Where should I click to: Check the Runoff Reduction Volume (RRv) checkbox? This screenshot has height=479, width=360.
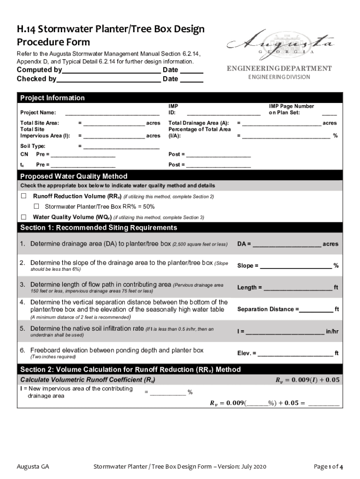(x=23, y=196)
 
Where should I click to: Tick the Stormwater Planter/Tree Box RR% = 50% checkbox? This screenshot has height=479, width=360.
(x=36, y=206)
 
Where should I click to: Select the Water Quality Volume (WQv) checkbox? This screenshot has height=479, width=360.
(x=23, y=217)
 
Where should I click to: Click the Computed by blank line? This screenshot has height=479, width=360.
(x=111, y=71)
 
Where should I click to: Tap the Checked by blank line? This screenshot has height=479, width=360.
(x=108, y=80)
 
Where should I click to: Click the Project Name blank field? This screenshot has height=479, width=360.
(x=112, y=113)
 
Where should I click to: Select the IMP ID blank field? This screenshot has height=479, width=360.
(x=223, y=113)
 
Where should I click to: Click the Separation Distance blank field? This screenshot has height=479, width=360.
(x=316, y=310)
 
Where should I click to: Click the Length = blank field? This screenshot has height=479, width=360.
(x=298, y=288)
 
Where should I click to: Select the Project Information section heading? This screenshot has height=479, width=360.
(x=52, y=98)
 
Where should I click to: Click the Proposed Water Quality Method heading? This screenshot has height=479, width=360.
(x=73, y=176)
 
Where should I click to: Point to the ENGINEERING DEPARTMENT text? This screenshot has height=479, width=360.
(x=279, y=69)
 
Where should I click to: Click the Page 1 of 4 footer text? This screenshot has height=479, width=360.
(x=329, y=467)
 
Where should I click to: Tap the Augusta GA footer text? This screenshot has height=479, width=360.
(x=33, y=467)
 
